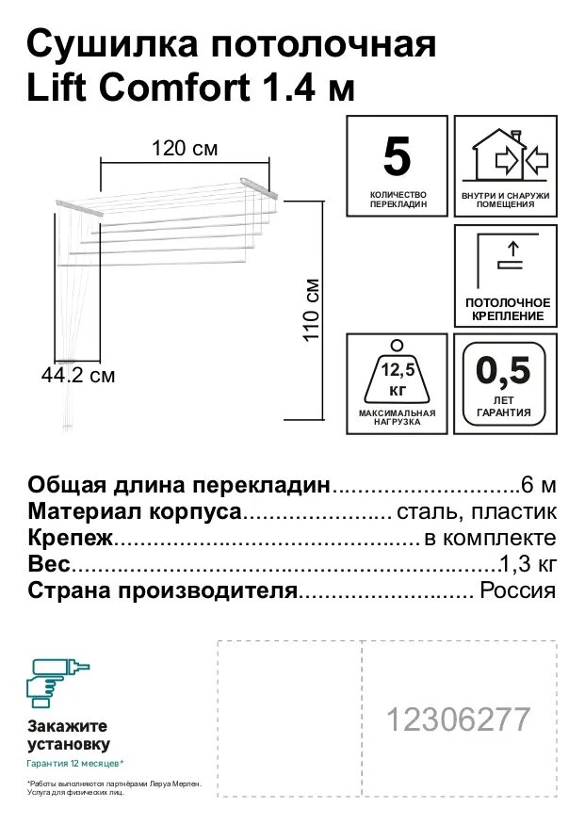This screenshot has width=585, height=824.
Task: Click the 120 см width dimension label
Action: click(x=186, y=148)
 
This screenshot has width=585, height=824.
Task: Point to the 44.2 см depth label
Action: click(x=78, y=376)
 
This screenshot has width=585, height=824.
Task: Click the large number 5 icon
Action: click(x=397, y=157)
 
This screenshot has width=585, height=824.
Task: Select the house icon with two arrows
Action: click(x=506, y=154)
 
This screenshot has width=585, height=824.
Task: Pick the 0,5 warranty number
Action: click(x=504, y=369)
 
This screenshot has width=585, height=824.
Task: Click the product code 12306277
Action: click(x=458, y=719)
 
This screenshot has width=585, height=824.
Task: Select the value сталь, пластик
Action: click(x=478, y=511)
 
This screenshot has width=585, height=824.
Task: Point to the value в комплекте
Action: click(x=490, y=539)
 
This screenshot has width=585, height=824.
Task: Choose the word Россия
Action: click(x=518, y=591)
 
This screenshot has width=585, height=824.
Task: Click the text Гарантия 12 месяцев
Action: click(x=74, y=764)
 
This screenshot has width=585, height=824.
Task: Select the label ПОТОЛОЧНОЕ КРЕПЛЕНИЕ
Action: click(x=507, y=309)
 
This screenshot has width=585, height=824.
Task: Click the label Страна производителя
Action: click(x=163, y=591)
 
